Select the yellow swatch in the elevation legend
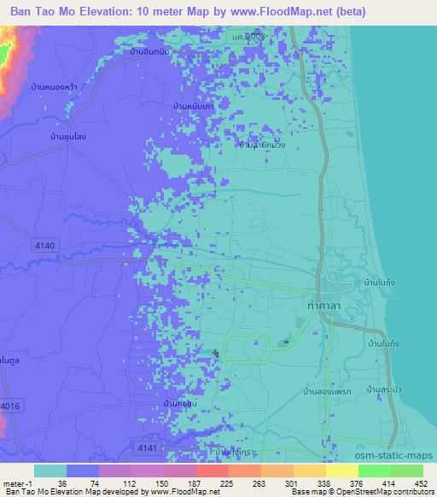click(341, 471)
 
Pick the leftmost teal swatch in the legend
click(50, 471)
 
